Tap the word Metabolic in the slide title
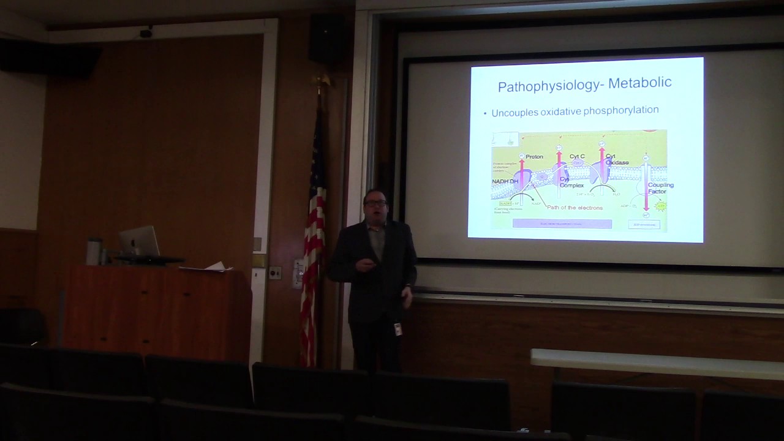point(639,82)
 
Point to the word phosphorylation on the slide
point(621,110)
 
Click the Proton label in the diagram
point(534,157)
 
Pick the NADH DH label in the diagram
point(505,182)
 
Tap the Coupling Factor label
point(660,188)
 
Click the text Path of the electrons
point(575,208)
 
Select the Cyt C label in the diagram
point(577,157)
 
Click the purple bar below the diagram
point(562,224)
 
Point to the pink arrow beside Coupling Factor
point(646,187)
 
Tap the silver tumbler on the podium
point(94,251)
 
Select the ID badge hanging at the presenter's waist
point(398,329)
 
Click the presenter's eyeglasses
point(375,203)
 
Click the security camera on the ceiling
point(146,33)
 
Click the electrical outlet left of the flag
point(275,273)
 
